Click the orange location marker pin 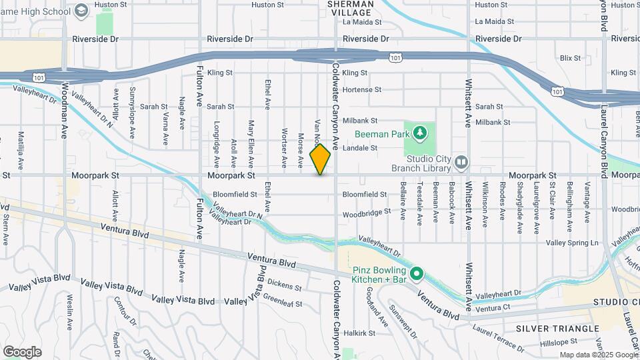321,159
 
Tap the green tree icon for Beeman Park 419,134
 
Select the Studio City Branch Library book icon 461,162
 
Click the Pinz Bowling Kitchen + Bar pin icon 417,273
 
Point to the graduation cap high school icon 81,11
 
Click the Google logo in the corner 22,351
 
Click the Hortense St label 361,89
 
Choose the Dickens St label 287,286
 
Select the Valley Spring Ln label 573,243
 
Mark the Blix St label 571,58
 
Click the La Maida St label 362,22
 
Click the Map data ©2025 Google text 597,355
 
